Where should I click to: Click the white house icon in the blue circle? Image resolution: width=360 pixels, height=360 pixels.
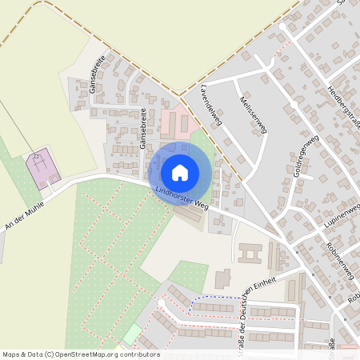180,173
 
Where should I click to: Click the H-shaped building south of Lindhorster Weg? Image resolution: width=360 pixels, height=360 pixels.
250,255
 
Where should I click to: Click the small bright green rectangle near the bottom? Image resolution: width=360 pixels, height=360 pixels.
131,334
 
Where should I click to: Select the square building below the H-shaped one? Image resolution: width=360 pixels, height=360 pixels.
222,280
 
